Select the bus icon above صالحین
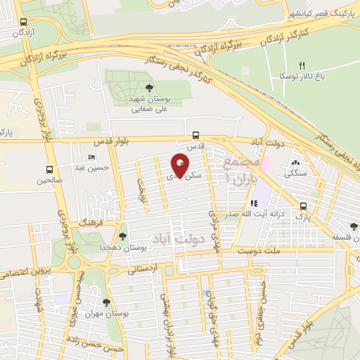tap(49, 169)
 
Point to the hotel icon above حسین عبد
tap(91, 156)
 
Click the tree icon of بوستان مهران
tap(105, 302)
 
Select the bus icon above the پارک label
tap(303, 206)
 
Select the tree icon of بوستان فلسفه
tap(354, 227)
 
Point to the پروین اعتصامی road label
tap(33, 271)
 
